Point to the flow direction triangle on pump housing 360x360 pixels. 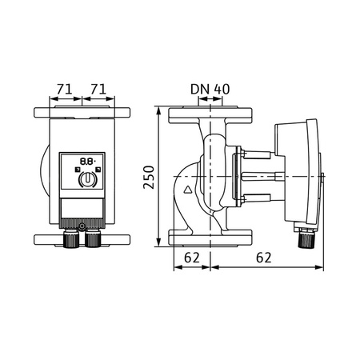click(189, 191)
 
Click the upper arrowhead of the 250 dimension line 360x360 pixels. click(159, 110)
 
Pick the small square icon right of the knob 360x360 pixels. click(95, 170)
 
